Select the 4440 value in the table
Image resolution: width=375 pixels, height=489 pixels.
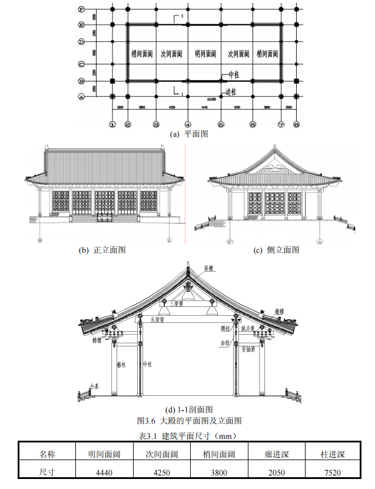104,472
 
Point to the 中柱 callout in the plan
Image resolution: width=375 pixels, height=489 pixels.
234,75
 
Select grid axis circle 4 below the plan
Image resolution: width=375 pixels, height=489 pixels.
187,124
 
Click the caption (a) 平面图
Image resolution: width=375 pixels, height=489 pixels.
189,134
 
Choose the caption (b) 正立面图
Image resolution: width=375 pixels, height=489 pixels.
102,250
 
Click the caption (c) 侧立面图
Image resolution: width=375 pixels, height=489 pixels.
276,250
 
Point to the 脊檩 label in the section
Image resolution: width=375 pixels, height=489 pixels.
209,268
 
